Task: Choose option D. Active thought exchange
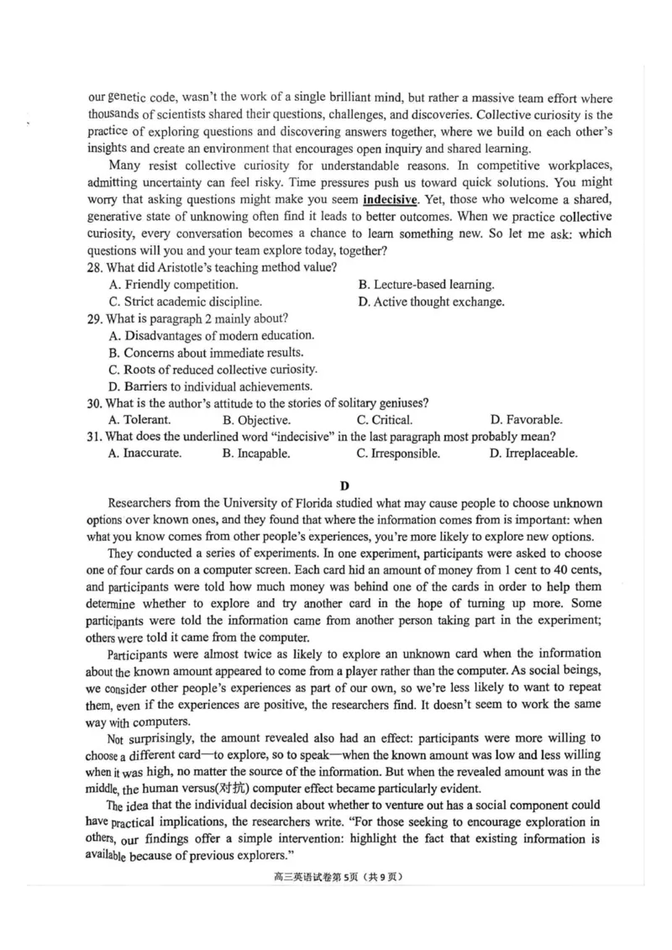click(x=431, y=302)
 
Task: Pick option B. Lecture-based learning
click(x=426, y=285)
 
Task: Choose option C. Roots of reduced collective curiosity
click(x=213, y=369)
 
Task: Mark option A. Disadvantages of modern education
click(x=211, y=335)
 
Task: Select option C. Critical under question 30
click(x=384, y=420)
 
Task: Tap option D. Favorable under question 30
click(x=526, y=420)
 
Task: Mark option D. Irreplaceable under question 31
click(x=533, y=454)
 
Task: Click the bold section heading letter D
click(x=344, y=485)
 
